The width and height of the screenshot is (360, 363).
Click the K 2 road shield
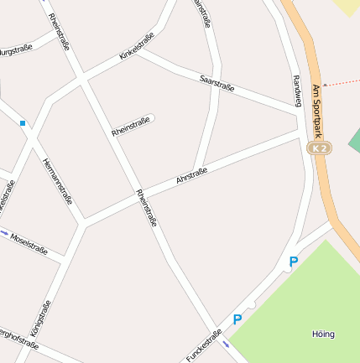(317, 148)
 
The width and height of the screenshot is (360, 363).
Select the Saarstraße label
(217, 81)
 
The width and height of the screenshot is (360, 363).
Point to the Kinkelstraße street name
(136, 45)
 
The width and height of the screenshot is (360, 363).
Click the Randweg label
(296, 91)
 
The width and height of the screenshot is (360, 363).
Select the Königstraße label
(40, 319)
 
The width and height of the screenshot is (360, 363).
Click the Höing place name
(323, 334)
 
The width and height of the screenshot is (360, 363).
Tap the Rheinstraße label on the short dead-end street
(131, 127)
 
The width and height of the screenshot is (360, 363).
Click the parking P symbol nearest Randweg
(293, 262)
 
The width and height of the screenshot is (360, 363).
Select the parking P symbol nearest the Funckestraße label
(237, 319)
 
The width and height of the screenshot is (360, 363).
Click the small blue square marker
(23, 123)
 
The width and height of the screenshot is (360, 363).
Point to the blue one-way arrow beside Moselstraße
(5, 232)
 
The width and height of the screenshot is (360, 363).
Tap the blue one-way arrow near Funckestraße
(226, 344)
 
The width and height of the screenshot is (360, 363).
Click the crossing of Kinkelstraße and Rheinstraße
(82, 78)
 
